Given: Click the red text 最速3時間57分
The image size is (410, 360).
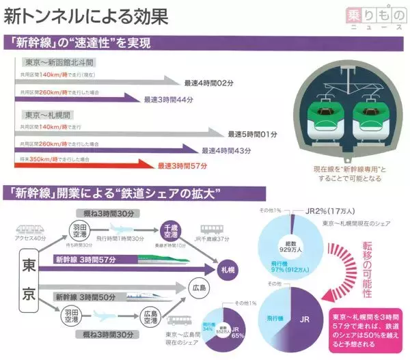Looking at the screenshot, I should pyautogui.click(x=183, y=165).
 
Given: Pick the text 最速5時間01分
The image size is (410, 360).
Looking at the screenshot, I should pyautogui.click(x=251, y=133).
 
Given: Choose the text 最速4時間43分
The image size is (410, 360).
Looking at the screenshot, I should pyautogui.click(x=228, y=150).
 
